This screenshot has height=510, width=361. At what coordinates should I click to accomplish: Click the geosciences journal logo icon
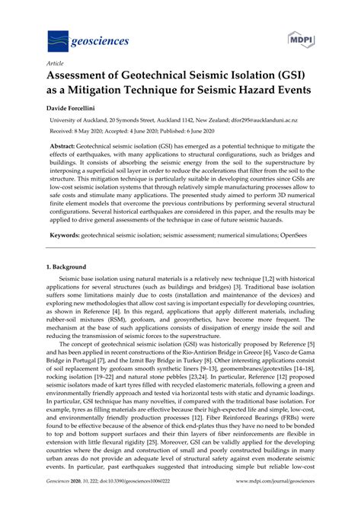pos(60,40)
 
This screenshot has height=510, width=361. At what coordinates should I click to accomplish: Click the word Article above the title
pos(56,65)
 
